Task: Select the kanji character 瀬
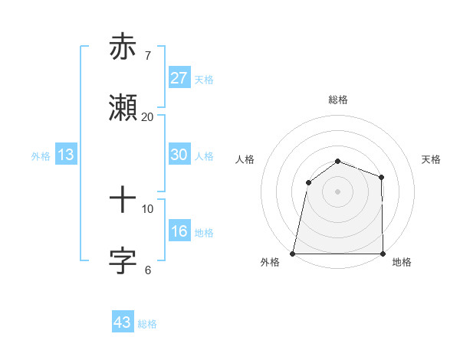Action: pyautogui.click(x=123, y=107)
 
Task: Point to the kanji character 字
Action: pyautogui.click(x=123, y=260)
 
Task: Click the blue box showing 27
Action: pyautogui.click(x=179, y=78)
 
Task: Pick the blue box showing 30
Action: pyautogui.click(x=179, y=155)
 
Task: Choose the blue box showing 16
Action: pyautogui.click(x=179, y=231)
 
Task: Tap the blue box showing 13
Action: pyautogui.click(x=66, y=155)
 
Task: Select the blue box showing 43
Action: pyautogui.click(x=123, y=322)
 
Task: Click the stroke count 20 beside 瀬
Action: pyautogui.click(x=147, y=116)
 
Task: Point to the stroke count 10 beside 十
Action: pyautogui.click(x=147, y=208)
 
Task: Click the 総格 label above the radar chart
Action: pyautogui.click(x=337, y=100)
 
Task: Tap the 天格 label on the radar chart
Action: pyautogui.click(x=432, y=159)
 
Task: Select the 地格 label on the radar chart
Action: pyautogui.click(x=402, y=262)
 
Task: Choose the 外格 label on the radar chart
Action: pyautogui.click(x=270, y=262)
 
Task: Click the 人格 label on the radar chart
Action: pyautogui.click(x=245, y=159)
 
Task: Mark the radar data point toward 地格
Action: pyautogui.click(x=383, y=254)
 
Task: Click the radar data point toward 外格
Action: pyautogui.click(x=292, y=254)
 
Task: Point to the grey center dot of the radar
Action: pyautogui.click(x=337, y=191)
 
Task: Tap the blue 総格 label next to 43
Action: pyautogui.click(x=147, y=324)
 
